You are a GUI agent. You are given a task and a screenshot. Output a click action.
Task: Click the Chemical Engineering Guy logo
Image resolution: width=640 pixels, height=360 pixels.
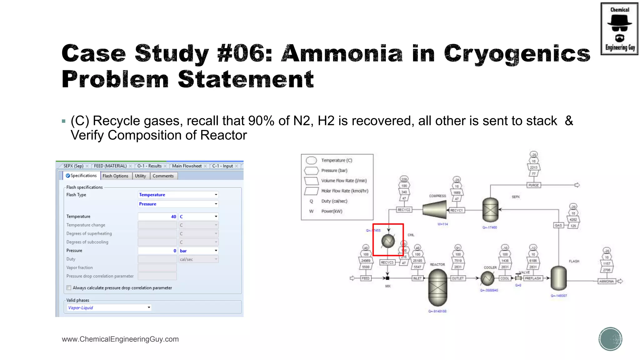(x=619, y=29)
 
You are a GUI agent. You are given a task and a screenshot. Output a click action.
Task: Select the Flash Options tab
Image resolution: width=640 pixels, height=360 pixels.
(x=115, y=176)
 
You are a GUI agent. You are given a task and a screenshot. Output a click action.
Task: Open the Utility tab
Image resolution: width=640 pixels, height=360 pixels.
(x=140, y=176)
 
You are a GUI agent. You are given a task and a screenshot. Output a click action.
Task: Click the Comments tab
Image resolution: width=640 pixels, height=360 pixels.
(x=163, y=176)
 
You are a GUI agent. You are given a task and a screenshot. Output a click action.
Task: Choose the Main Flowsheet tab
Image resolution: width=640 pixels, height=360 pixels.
(x=187, y=166)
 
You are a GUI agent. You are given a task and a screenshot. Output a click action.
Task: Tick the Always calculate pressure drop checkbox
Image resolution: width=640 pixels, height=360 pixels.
(x=69, y=288)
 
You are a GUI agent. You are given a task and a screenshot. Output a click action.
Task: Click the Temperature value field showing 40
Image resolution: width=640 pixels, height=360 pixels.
(x=157, y=217)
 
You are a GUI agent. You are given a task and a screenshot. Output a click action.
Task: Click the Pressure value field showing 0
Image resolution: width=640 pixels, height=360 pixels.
(x=157, y=251)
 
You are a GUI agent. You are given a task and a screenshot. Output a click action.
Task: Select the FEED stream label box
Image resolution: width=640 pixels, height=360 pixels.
(x=366, y=278)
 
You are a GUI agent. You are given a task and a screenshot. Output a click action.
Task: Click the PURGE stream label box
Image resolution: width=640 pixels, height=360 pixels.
(x=533, y=185)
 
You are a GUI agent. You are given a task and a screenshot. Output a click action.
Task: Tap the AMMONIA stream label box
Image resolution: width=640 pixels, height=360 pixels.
(x=607, y=281)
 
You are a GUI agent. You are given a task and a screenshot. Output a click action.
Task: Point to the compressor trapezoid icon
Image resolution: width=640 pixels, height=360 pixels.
(x=434, y=209)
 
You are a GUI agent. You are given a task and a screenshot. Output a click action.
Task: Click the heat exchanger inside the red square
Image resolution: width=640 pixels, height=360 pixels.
(x=388, y=241)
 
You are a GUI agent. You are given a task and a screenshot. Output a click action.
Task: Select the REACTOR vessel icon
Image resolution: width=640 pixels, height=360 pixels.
(x=437, y=287)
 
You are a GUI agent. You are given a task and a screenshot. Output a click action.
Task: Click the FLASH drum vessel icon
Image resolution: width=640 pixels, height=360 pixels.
(x=558, y=278)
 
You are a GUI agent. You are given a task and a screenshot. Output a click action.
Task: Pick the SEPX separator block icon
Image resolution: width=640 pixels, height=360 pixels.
(x=490, y=210)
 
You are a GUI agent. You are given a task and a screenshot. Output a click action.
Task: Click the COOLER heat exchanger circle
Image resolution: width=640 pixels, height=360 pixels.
(x=487, y=278)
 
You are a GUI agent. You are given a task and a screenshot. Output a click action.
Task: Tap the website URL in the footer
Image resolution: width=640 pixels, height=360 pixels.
(x=120, y=339)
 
